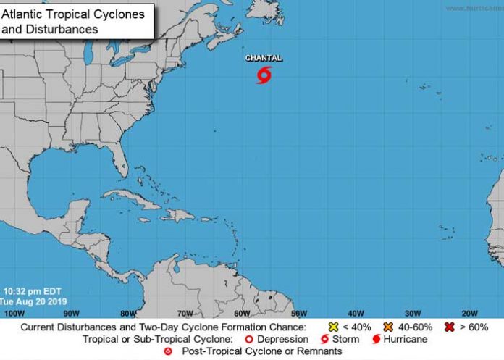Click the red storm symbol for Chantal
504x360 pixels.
tap(264, 75)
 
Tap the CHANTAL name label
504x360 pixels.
tap(264, 58)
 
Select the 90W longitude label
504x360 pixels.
tap(71, 313)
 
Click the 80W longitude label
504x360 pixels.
tap(128, 313)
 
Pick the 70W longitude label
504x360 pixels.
tap(185, 313)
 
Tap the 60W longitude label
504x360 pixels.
tap(242, 313)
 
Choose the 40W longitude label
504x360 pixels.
tap(356, 313)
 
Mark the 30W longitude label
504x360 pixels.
tap(412, 313)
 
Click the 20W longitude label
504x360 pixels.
tap(469, 313)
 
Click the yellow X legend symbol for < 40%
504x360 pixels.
tap(334, 327)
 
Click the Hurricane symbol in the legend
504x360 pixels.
tap(377, 339)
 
